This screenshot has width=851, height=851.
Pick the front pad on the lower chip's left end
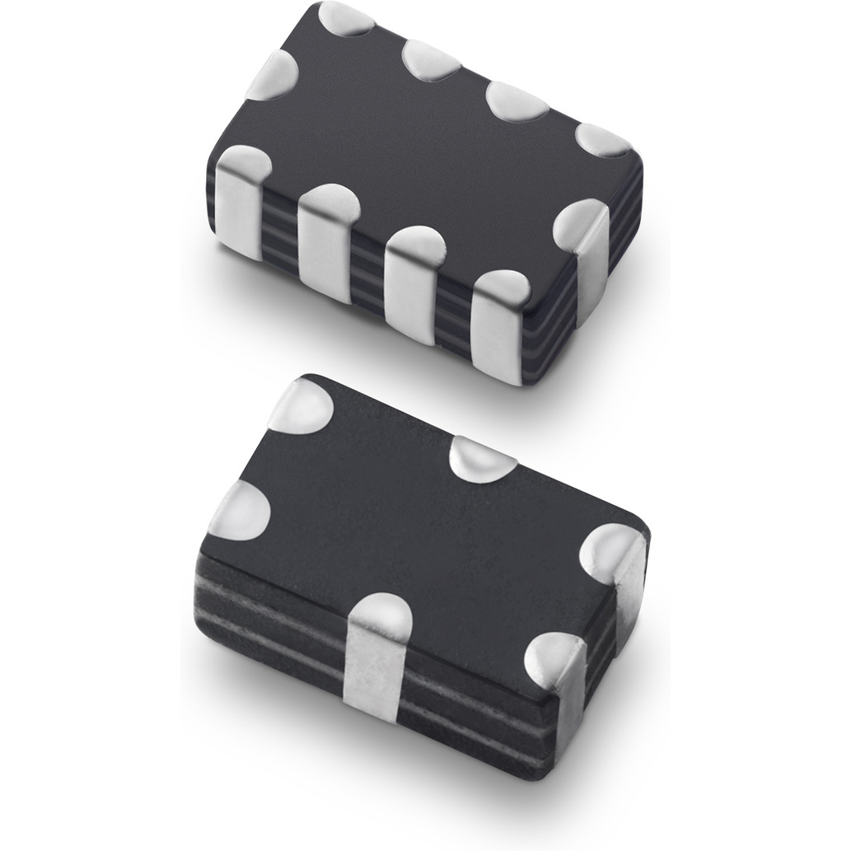[x=241, y=509]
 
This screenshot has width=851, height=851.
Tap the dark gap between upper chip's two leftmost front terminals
[x=280, y=231]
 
